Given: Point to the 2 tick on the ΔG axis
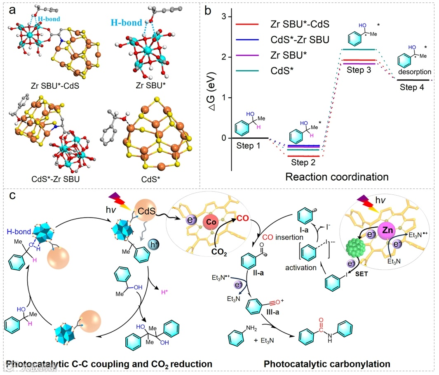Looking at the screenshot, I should pos(223,57).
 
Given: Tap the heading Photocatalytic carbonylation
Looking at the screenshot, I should pos(326,364).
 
